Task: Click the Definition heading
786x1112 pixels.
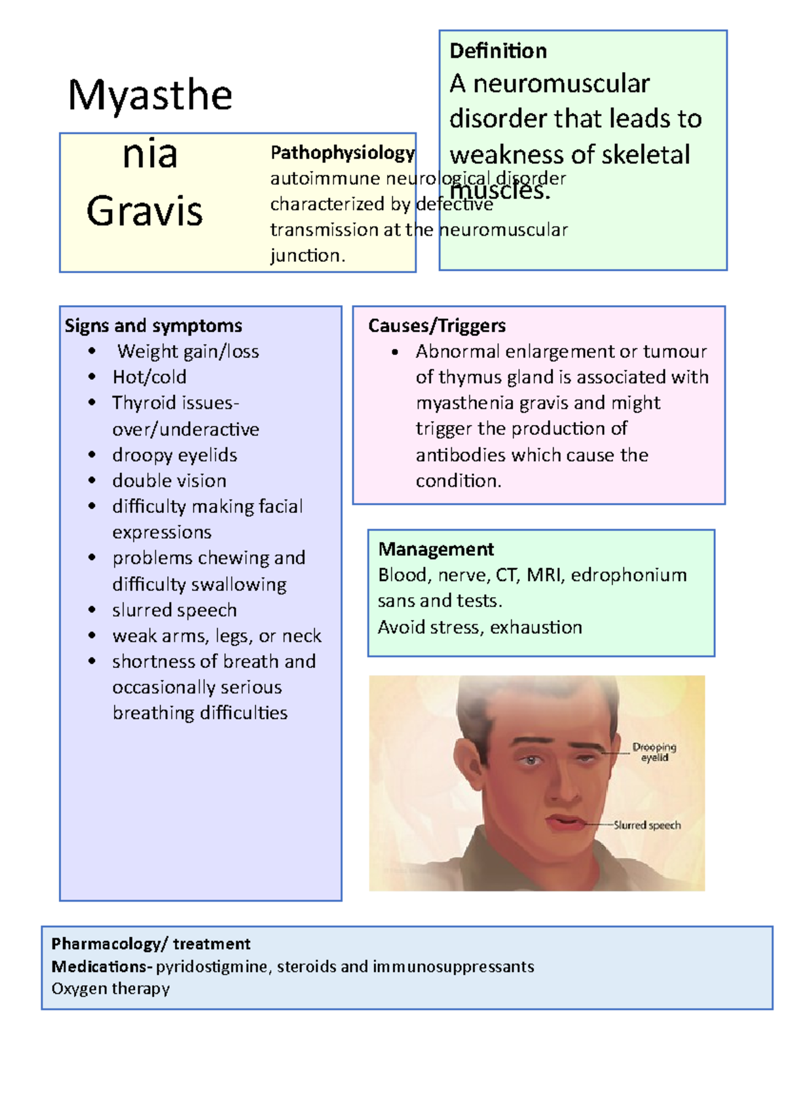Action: tap(498, 51)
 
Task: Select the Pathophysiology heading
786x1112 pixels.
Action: tap(343, 153)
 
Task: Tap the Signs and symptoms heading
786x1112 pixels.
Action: tap(153, 325)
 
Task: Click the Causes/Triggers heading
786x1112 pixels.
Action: tap(437, 325)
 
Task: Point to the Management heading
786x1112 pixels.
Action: tap(436, 549)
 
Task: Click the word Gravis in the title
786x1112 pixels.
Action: tap(145, 212)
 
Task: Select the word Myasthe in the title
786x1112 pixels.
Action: tap(150, 96)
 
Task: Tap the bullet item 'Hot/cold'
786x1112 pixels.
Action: tap(149, 377)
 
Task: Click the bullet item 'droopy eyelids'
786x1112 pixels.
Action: tap(174, 455)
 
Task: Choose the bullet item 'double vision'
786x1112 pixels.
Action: tap(169, 481)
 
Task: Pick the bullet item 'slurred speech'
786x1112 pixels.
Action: tap(174, 610)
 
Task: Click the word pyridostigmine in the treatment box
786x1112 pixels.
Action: tap(212, 967)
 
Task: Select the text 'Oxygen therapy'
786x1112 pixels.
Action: tap(111, 989)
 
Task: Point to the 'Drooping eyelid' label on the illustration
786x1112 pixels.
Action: tap(654, 752)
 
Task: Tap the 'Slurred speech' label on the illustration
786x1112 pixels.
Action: tap(647, 825)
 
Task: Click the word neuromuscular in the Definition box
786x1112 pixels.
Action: tap(561, 84)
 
